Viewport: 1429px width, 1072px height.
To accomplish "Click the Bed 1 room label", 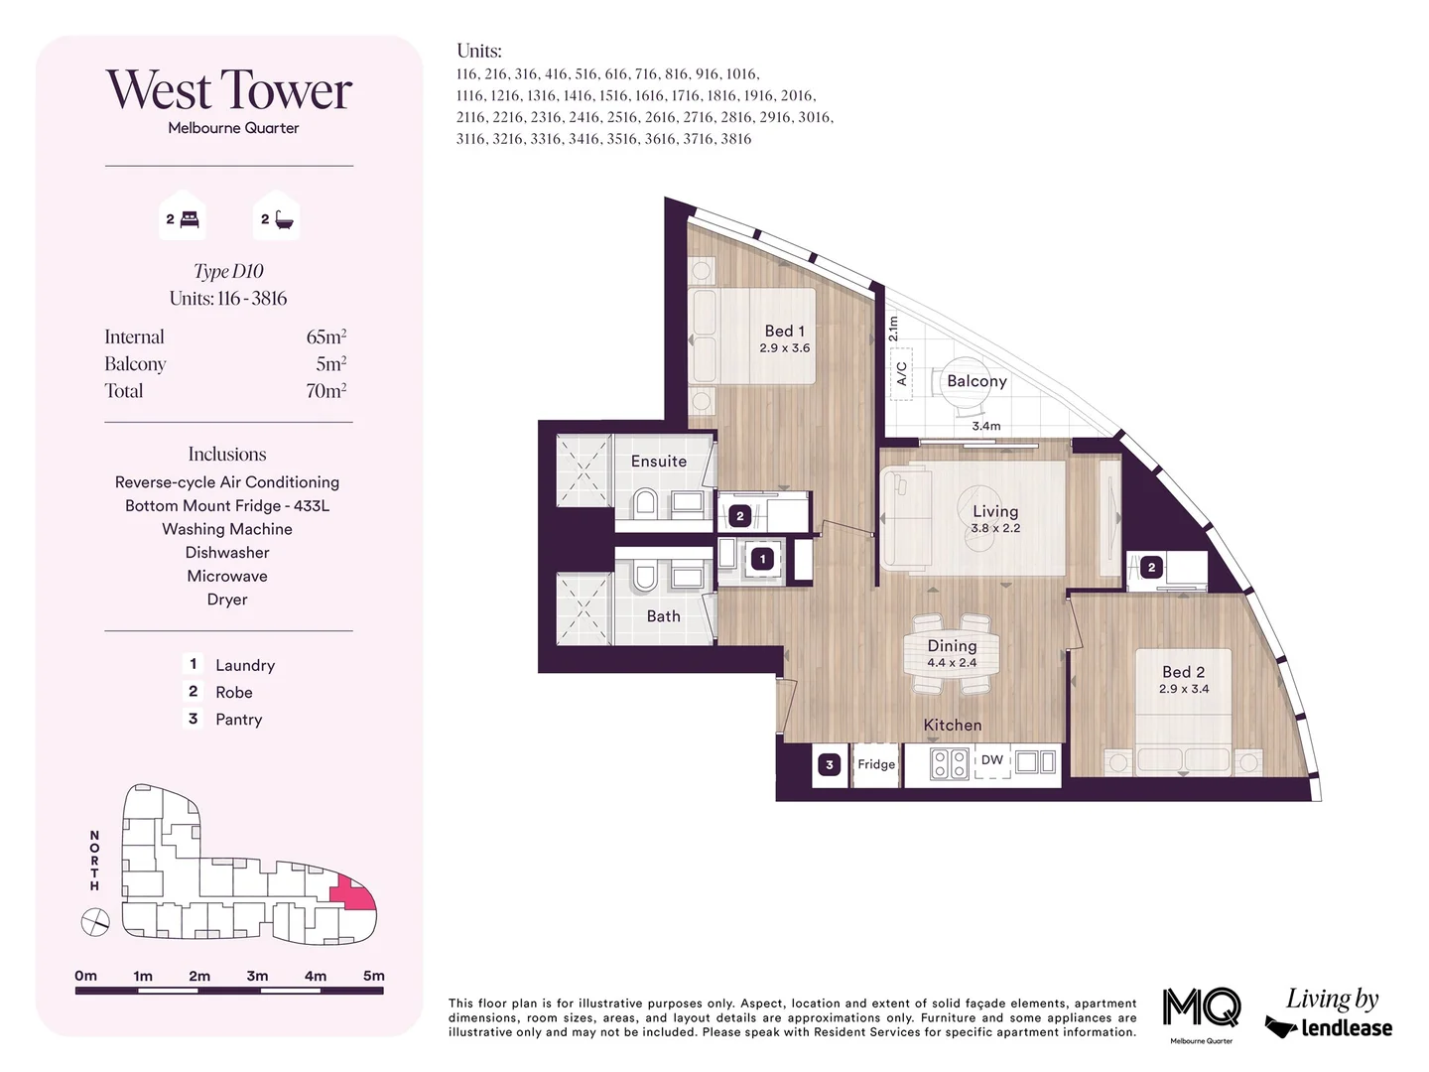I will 785,332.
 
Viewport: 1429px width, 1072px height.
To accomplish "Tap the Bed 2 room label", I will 1183,673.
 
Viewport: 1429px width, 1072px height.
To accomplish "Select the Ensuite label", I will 659,462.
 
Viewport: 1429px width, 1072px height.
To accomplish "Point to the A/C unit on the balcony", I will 901,373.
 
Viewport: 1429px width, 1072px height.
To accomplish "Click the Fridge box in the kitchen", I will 876,764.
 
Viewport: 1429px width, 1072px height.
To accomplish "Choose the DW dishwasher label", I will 992,760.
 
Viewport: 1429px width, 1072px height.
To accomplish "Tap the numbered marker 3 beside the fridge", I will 830,764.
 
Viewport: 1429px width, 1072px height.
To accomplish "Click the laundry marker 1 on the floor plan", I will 762,559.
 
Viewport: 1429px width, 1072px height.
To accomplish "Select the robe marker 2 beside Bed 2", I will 1151,568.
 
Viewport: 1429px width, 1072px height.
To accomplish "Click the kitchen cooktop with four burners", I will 950,763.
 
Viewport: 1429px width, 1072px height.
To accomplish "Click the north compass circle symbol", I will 95,923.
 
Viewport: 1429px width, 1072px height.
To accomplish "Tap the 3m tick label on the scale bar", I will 257,976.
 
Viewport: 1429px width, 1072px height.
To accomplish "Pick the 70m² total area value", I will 325,391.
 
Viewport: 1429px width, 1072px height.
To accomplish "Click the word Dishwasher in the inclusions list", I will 227,553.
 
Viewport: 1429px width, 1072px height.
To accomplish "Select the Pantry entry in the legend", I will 238,720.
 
